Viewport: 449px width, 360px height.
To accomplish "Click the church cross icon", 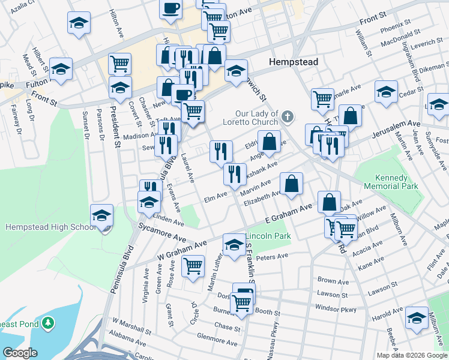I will [x=288, y=115].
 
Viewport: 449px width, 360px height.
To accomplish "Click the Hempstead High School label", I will [x=50, y=227].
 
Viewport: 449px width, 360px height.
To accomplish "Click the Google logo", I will [x=20, y=353].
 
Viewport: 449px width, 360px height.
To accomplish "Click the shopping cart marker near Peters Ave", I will [x=193, y=265].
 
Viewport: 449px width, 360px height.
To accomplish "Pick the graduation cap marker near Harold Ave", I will [x=417, y=317].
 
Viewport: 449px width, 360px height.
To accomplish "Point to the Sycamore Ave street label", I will [x=163, y=230].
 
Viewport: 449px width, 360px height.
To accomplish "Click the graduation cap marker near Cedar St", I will [x=386, y=91].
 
